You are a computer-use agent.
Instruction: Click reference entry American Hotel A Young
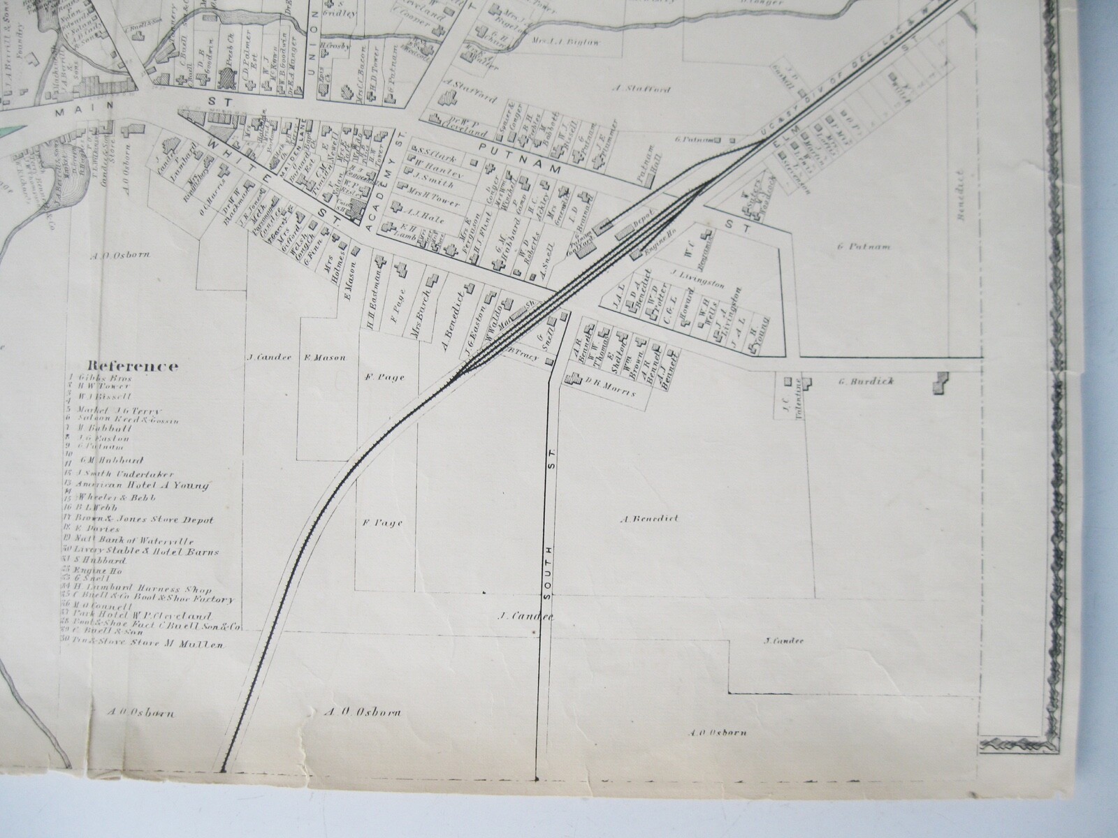[x=147, y=485]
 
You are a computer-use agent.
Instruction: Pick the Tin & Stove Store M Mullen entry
[x=152, y=645]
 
